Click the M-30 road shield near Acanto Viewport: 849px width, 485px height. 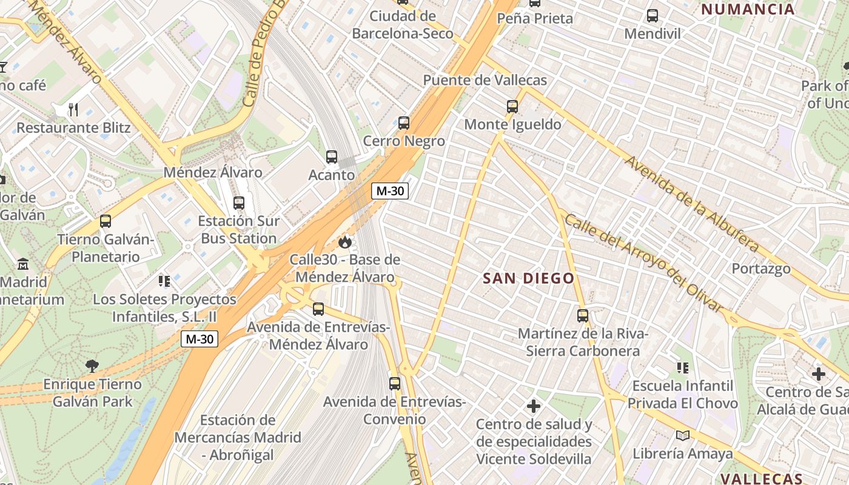[x=389, y=191]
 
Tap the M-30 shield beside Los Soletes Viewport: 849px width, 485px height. [x=199, y=339]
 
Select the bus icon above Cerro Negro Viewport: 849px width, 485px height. [x=404, y=123]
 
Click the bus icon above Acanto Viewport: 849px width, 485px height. [x=332, y=157]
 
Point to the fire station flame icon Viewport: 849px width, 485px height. [x=345, y=242]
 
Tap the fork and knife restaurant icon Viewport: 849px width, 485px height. [x=73, y=110]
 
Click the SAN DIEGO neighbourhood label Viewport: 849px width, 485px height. [x=528, y=278]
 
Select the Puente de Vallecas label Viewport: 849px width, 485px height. [x=485, y=80]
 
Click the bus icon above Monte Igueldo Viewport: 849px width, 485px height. [x=512, y=107]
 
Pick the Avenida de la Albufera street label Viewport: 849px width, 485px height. [x=692, y=204]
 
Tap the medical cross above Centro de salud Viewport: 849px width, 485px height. [x=534, y=406]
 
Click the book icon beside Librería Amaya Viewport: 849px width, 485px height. [x=683, y=435]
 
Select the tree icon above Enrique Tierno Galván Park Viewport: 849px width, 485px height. [x=92, y=366]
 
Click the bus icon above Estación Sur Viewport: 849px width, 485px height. [x=239, y=202]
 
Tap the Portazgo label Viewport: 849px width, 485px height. [x=761, y=269]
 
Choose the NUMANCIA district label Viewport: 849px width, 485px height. [x=747, y=9]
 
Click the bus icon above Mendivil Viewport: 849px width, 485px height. [x=653, y=16]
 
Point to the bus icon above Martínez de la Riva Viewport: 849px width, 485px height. [x=583, y=316]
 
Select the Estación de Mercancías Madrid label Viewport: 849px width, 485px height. [x=238, y=437]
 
